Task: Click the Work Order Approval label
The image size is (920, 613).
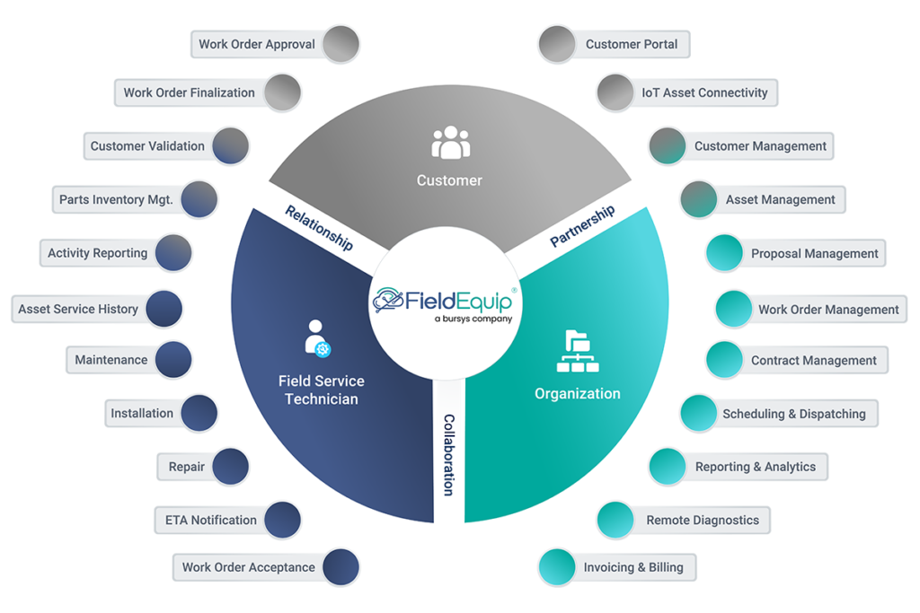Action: pos(257,44)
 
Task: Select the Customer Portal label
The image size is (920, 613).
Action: pos(632,44)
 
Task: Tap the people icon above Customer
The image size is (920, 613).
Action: pos(450,144)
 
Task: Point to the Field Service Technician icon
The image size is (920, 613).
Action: pos(318,339)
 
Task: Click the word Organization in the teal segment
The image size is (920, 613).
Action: pos(577,393)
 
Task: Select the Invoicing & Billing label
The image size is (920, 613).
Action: pos(632,567)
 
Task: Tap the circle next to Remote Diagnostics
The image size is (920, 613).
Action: pos(615,520)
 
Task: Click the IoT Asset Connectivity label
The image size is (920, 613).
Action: pos(703,92)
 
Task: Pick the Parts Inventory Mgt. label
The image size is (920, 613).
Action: pos(116,199)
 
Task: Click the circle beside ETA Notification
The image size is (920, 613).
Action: pos(282,520)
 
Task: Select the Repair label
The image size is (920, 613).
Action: pos(187,467)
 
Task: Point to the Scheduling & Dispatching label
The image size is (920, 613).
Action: pos(793,414)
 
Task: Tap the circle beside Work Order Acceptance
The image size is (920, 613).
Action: pos(341,567)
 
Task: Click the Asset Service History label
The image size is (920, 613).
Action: pos(78,309)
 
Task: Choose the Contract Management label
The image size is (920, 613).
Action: pos(813,360)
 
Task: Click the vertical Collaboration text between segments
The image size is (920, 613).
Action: pos(447,454)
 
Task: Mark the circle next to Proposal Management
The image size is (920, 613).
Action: pos(723,254)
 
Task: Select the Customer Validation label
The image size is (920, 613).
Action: pos(147,145)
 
